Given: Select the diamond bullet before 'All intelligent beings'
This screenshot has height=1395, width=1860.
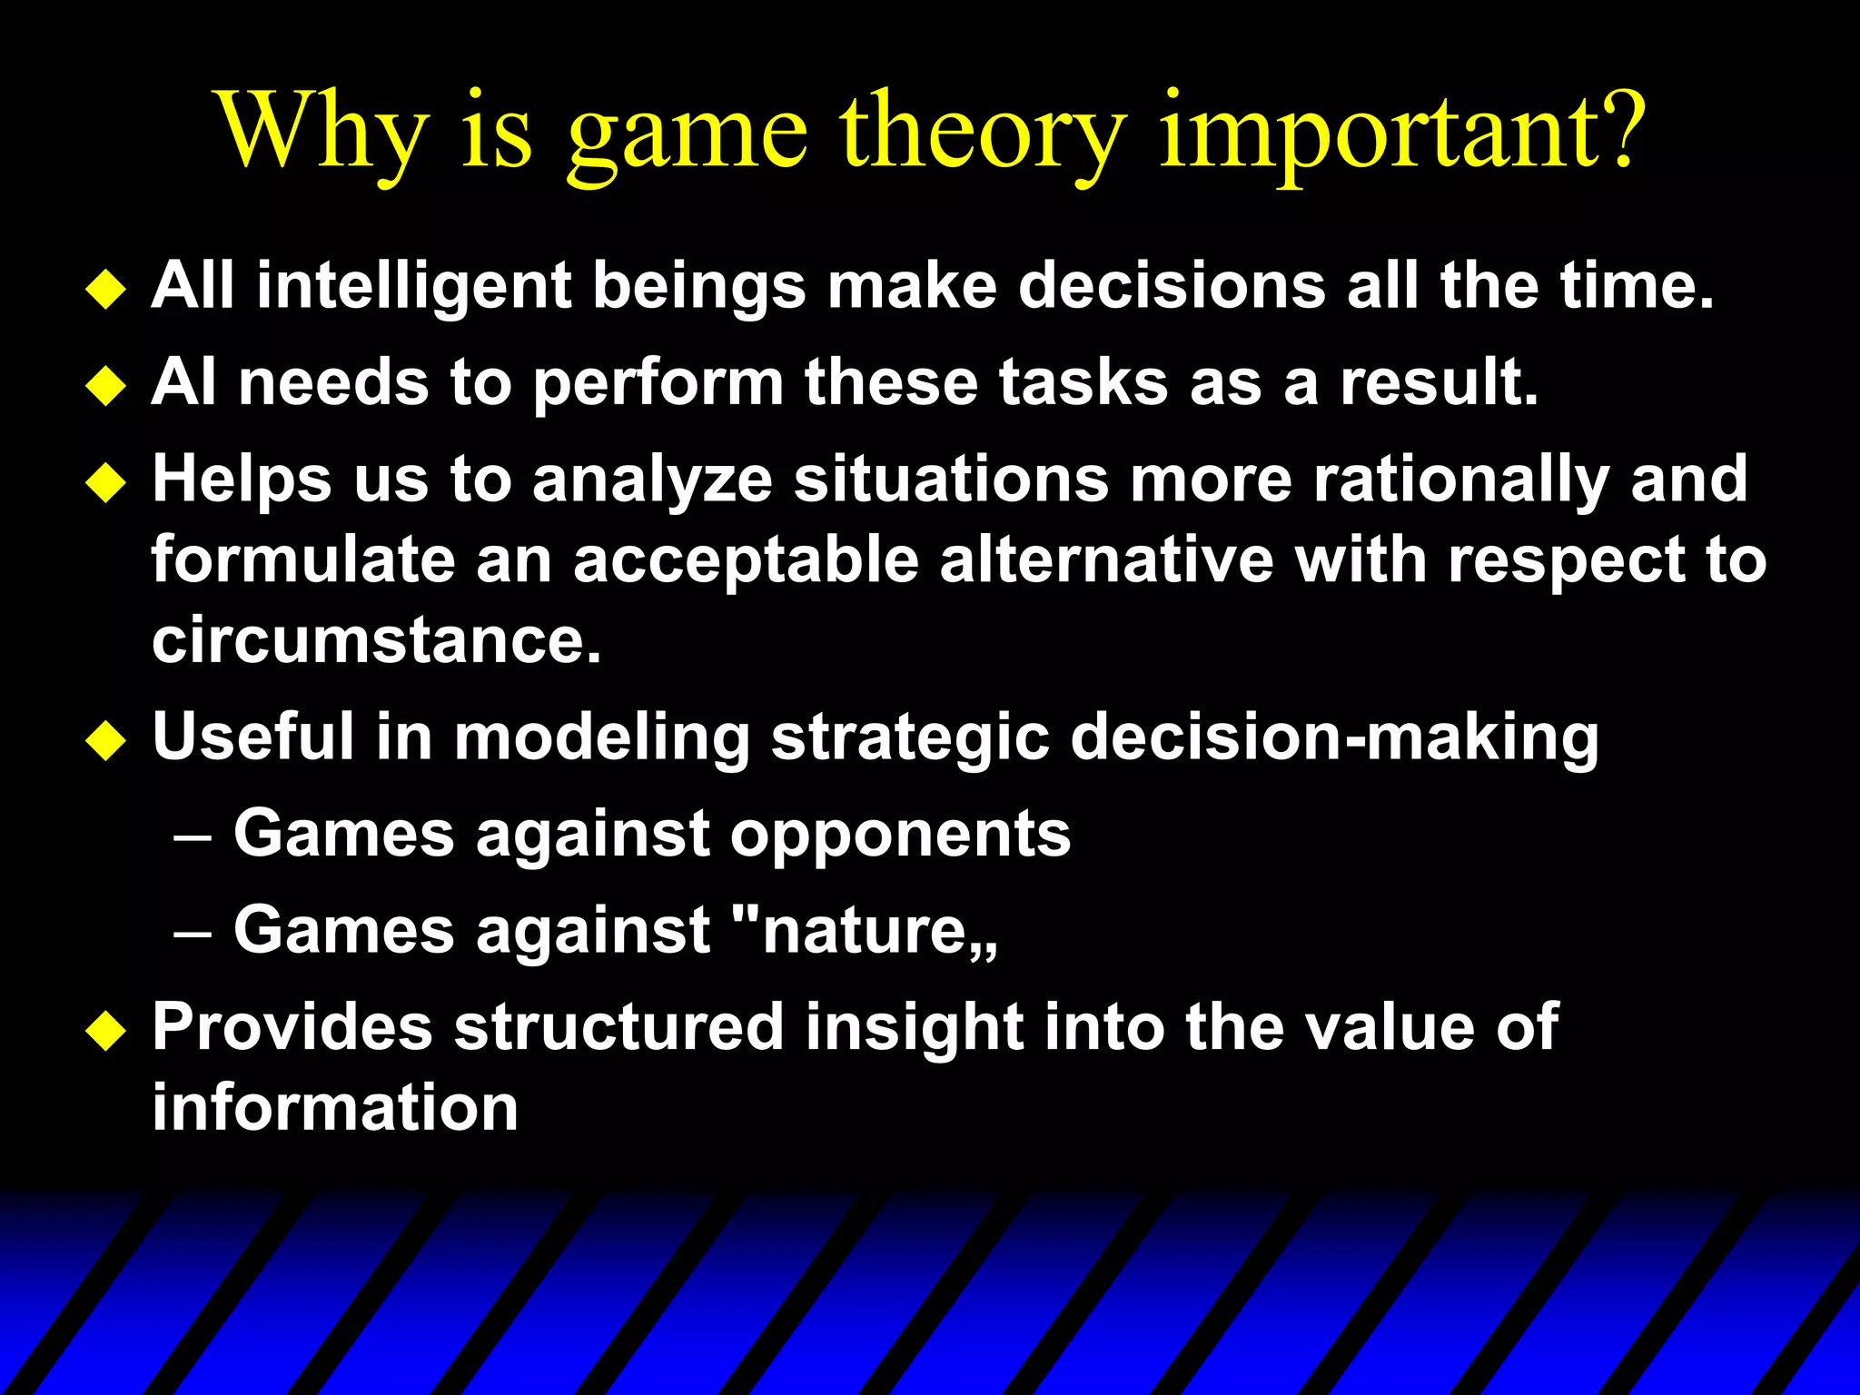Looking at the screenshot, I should click(106, 290).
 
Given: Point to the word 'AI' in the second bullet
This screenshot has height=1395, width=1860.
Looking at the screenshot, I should click(183, 382).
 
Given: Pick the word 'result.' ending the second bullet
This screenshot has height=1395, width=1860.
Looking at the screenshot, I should click(1440, 382).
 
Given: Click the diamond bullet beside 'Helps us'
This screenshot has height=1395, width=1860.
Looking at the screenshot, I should click(106, 482).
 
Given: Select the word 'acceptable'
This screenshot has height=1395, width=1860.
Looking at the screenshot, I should click(745, 561).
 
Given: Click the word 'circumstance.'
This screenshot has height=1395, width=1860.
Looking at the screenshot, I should click(376, 640).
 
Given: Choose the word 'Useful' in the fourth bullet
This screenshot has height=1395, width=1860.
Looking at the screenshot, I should click(252, 736).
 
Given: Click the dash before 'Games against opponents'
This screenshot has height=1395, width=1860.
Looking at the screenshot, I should click(193, 837).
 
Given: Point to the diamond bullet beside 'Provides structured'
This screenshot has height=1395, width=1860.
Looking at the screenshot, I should click(106, 1031).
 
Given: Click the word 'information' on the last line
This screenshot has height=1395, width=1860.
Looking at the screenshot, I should click(334, 1108).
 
